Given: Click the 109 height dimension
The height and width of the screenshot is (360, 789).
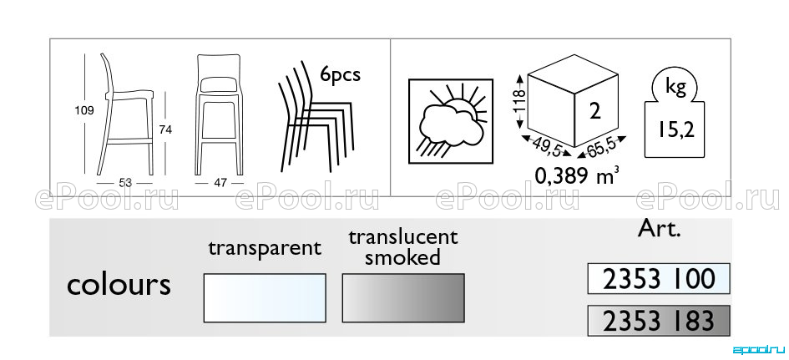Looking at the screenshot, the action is [x=84, y=111].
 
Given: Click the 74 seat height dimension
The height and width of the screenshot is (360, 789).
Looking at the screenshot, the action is [x=165, y=130].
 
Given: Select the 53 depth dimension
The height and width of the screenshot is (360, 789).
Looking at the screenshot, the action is [x=125, y=183].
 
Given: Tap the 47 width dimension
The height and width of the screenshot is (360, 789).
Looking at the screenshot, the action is [x=220, y=183].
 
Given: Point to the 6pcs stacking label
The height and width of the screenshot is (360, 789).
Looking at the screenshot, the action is [x=341, y=74].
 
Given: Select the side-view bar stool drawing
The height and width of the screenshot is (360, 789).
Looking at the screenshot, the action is [x=126, y=114].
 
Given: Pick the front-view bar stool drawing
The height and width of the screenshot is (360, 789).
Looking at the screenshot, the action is [x=219, y=114].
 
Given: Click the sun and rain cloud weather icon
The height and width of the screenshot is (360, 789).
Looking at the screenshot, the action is [x=451, y=121].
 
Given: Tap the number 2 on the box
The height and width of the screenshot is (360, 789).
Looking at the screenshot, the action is [x=595, y=111].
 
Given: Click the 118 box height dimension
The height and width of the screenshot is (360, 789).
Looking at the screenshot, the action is [x=521, y=102].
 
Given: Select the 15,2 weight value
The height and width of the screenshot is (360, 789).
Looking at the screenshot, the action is [x=675, y=130].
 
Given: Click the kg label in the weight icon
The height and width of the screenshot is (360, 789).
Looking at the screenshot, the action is [x=675, y=88].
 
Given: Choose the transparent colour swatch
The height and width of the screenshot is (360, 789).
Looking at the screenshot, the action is [x=265, y=298].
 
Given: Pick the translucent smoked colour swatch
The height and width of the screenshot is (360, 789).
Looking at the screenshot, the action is [x=403, y=298].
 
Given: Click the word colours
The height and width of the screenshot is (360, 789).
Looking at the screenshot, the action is [x=119, y=285].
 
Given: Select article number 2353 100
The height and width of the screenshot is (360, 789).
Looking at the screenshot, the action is [x=659, y=278].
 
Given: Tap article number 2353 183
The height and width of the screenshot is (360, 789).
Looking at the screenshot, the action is [x=659, y=321].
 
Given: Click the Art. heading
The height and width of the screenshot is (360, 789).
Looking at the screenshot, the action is [x=659, y=229].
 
